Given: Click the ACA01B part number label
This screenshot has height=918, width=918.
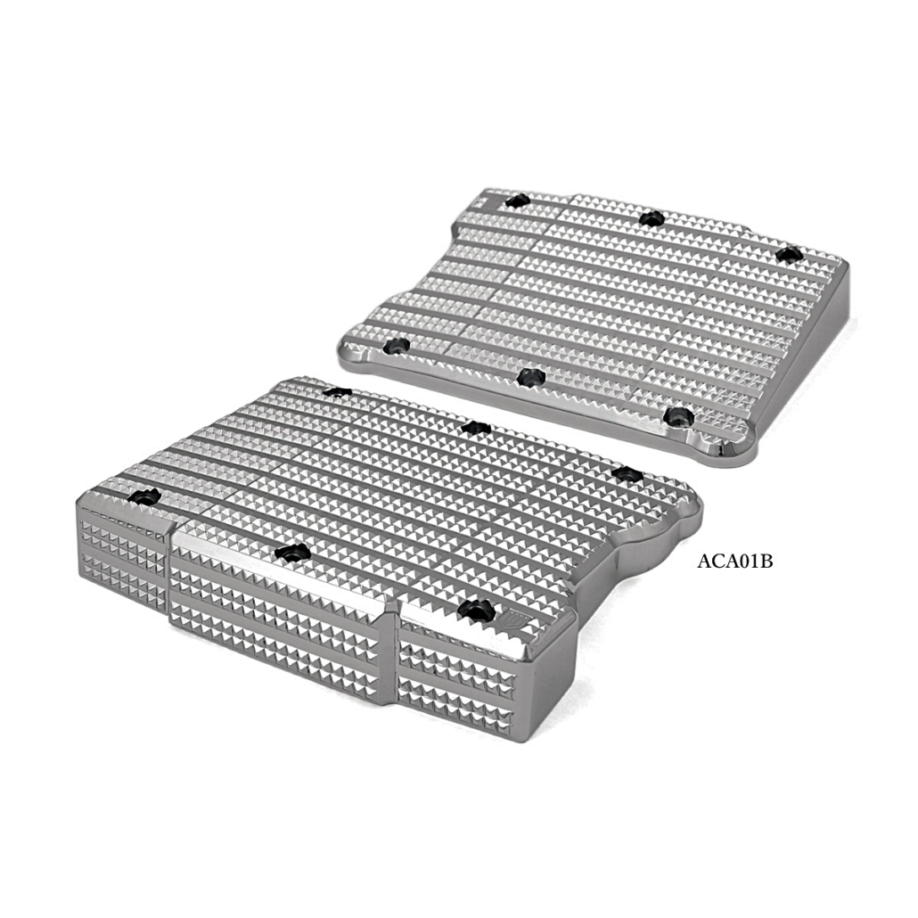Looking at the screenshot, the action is pos(734,561).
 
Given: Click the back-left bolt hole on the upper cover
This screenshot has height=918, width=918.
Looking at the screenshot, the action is pos(517,201).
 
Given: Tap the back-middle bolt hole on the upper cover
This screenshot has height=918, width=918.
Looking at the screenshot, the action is pos(651,219).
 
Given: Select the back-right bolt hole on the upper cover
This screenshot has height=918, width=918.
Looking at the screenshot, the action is pos(788,255).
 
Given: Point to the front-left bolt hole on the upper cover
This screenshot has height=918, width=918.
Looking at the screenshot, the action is pos(396,346).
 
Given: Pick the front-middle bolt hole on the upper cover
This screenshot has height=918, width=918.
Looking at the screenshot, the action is pos(531,376).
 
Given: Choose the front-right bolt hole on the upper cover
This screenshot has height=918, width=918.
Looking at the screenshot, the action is pos(679,416).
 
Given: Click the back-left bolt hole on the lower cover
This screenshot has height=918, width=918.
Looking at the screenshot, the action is pos(338,391).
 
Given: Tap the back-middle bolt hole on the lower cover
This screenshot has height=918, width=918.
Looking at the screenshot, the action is pos(475,428).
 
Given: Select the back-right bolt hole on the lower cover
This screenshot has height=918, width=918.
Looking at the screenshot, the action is pos(627,473).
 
